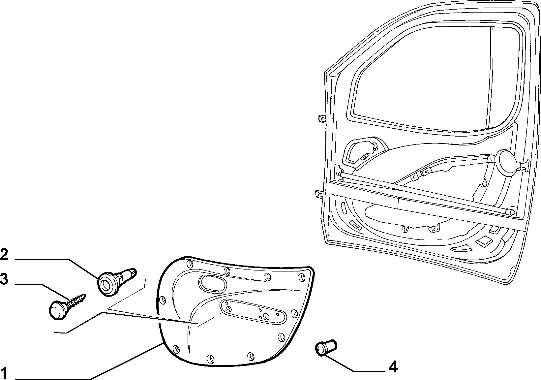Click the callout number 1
click(4, 373)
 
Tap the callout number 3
click(4, 279)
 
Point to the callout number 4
click(393, 367)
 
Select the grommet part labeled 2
click(117, 282)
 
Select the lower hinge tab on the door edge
click(319, 195)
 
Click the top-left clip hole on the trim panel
click(190, 264)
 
